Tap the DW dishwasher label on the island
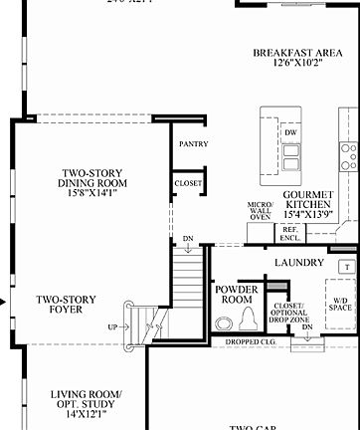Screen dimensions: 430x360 click(x=290, y=132)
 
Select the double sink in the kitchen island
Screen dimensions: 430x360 click(x=290, y=157)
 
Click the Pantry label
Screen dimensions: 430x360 click(x=192, y=143)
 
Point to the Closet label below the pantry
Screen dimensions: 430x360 click(x=188, y=183)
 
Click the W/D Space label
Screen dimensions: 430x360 click(x=340, y=308)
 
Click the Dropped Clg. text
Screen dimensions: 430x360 click(x=246, y=344)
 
